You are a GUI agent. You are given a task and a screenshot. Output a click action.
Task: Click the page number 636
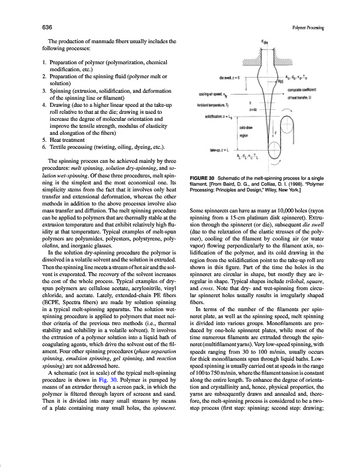point(45,27)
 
